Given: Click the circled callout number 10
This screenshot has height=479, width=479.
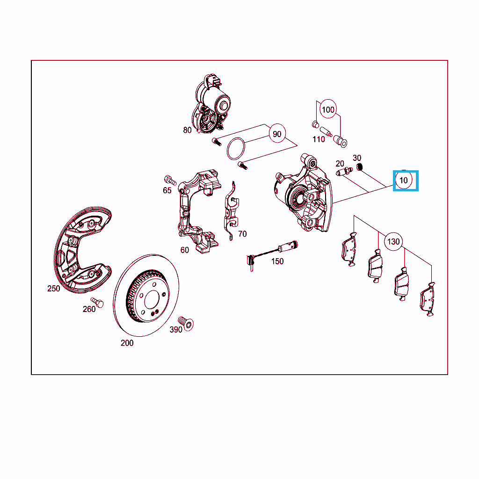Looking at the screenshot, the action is [x=404, y=180].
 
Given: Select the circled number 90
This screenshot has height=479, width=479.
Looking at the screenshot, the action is [x=277, y=134].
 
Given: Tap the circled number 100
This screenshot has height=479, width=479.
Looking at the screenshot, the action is [x=328, y=109].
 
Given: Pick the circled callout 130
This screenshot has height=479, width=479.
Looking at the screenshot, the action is [x=393, y=242].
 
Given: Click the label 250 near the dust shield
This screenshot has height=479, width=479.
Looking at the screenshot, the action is [x=53, y=288].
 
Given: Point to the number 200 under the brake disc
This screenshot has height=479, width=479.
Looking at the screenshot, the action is [x=127, y=343].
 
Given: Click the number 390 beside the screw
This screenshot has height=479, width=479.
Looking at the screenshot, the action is [x=176, y=329].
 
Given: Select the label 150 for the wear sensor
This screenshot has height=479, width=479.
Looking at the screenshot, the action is [x=277, y=261].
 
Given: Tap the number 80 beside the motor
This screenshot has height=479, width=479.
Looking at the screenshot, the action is [x=187, y=130].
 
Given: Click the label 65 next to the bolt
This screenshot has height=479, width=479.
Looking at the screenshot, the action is [x=167, y=190].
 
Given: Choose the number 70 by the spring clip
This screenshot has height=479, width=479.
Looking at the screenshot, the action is [x=242, y=234].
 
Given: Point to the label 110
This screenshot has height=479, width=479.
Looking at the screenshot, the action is [x=319, y=139].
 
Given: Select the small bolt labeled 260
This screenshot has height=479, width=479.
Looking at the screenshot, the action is [x=97, y=303].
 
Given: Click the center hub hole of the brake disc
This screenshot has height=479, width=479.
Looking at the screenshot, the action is [x=152, y=300].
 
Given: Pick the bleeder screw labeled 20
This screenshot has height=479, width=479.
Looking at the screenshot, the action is [x=344, y=172].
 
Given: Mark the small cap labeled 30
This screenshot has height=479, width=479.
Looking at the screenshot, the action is [x=360, y=167].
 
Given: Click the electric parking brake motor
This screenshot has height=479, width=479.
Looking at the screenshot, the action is [x=212, y=104].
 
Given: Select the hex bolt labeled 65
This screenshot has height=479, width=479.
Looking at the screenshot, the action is [x=170, y=180].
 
